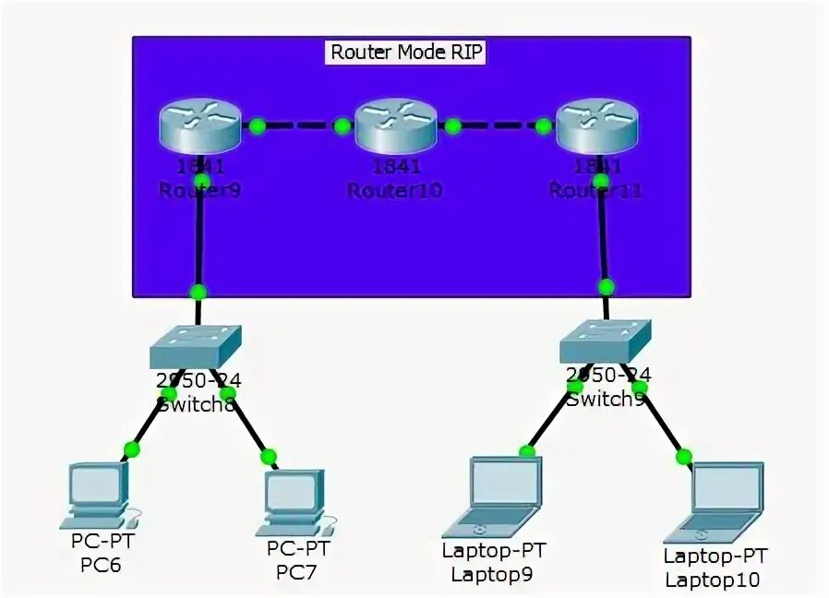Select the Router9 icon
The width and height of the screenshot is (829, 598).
pyautogui.click(x=198, y=126)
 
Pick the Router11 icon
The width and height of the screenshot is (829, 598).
pyautogui.click(x=597, y=126)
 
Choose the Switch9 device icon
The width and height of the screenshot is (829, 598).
pyautogui.click(x=605, y=342)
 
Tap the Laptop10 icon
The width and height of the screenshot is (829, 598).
pyautogui.click(x=715, y=502)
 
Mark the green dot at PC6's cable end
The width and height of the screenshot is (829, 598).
pyautogui.click(x=131, y=449)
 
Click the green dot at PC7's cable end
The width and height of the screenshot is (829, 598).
pyautogui.click(x=269, y=456)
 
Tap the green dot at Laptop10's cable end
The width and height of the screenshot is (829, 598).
pyautogui.click(x=684, y=456)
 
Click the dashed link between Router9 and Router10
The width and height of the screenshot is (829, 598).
pyautogui.click(x=299, y=126)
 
